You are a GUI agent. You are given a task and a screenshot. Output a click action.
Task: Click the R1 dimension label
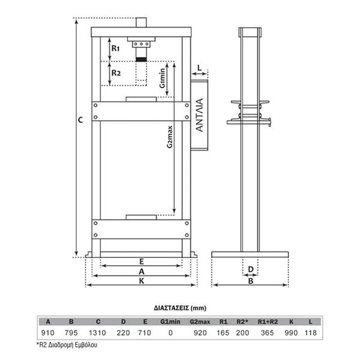pyautogui.click(x=115, y=49)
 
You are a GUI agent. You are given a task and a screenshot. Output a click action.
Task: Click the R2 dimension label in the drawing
pyautogui.click(x=116, y=73)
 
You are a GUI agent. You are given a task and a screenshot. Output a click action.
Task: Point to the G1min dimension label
pyautogui.click(x=163, y=78)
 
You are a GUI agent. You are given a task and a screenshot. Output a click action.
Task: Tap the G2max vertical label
pyautogui.click(x=169, y=137)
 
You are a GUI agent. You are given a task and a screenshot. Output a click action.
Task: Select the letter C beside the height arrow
pyautogui.click(x=80, y=120)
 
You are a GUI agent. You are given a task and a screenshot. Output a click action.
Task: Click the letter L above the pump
pyautogui.click(x=199, y=68)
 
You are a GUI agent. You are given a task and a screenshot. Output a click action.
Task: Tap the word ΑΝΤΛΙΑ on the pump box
pyautogui.click(x=200, y=115)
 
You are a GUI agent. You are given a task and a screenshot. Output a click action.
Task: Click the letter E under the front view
pyautogui.click(x=142, y=262)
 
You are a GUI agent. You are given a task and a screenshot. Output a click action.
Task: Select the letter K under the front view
pyautogui.click(x=142, y=281)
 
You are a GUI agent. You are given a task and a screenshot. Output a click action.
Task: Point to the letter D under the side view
pyautogui.click(x=251, y=269)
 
